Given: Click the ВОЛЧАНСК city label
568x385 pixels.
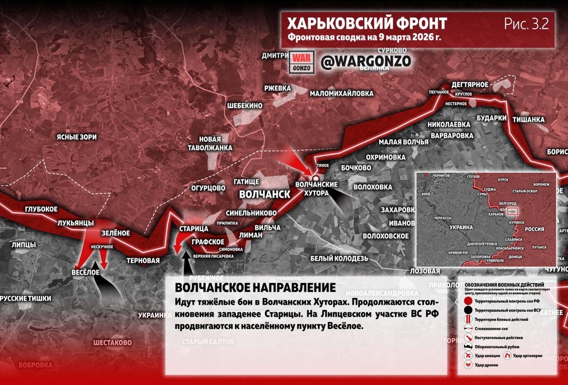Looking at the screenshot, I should click(264, 194).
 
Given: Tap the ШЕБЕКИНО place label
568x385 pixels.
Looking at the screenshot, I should click(245, 106).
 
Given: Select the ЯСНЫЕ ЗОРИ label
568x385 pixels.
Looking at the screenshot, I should click(76, 137).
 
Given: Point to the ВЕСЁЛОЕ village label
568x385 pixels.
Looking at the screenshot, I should click(85, 272).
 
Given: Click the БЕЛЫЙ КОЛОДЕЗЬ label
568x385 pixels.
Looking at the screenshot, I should click(339, 258).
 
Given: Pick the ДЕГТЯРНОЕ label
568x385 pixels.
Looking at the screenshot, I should click(469, 85).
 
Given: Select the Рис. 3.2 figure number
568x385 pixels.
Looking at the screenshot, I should click(526, 24).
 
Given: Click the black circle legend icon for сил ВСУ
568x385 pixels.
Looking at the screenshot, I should click(468, 310).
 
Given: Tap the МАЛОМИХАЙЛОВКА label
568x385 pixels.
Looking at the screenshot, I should click(341, 94).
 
